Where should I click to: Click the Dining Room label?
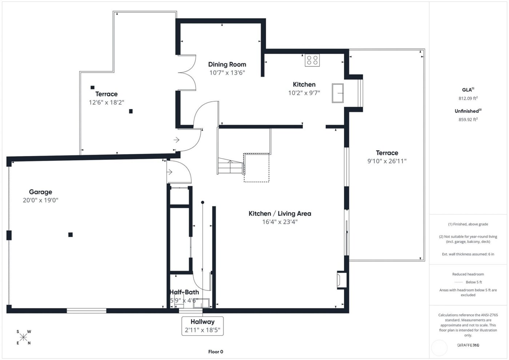coord(227,64)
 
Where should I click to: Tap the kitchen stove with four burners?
coord(312,60)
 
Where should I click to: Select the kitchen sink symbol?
coord(338,93)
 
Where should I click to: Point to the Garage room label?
coord(40,192)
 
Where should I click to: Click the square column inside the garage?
coord(71,235)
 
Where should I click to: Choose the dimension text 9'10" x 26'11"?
coord(387,161)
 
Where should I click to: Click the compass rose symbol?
coord(24,337)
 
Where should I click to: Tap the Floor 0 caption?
coord(216,352)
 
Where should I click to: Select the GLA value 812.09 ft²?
coord(468,98)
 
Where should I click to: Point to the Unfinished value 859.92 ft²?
coord(468,119)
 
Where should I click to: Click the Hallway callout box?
coord(203,326)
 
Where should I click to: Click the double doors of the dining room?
coord(187,73)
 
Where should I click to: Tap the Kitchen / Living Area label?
coord(280,213)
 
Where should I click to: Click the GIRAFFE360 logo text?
coord(468,345)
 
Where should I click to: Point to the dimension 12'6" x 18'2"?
coord(107,103)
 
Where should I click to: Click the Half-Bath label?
coord(184,292)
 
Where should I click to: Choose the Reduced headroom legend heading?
coord(468,274)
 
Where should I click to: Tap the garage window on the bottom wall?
coord(87,311)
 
